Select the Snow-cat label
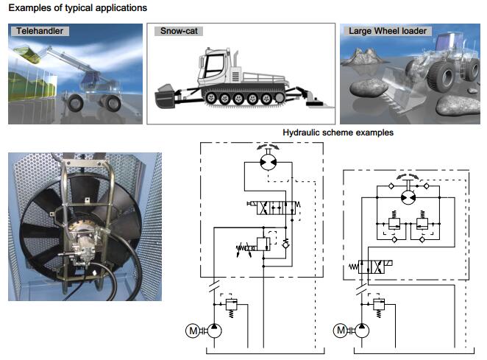pos(179,32)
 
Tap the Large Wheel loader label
pos(387,32)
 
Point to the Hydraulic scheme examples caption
pos(338,133)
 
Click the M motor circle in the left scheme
pos(193,331)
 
